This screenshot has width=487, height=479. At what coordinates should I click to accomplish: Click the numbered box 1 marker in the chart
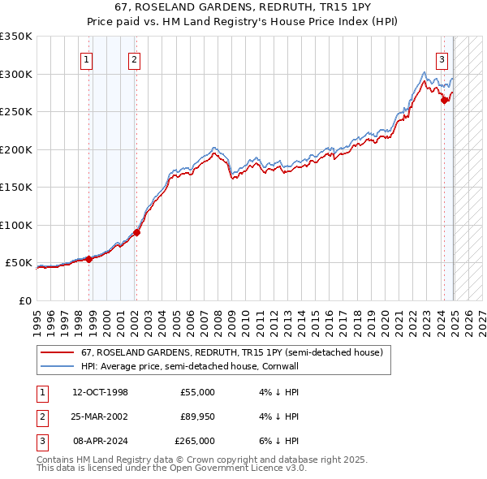click(86, 58)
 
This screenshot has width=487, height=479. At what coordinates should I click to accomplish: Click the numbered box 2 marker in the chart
click(134, 58)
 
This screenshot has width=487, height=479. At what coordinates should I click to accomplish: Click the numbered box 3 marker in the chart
click(442, 58)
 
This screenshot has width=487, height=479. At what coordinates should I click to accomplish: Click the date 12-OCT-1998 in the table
click(100, 392)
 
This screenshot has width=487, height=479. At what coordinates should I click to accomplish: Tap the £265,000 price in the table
click(195, 441)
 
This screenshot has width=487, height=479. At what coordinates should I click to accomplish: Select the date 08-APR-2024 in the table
click(100, 441)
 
